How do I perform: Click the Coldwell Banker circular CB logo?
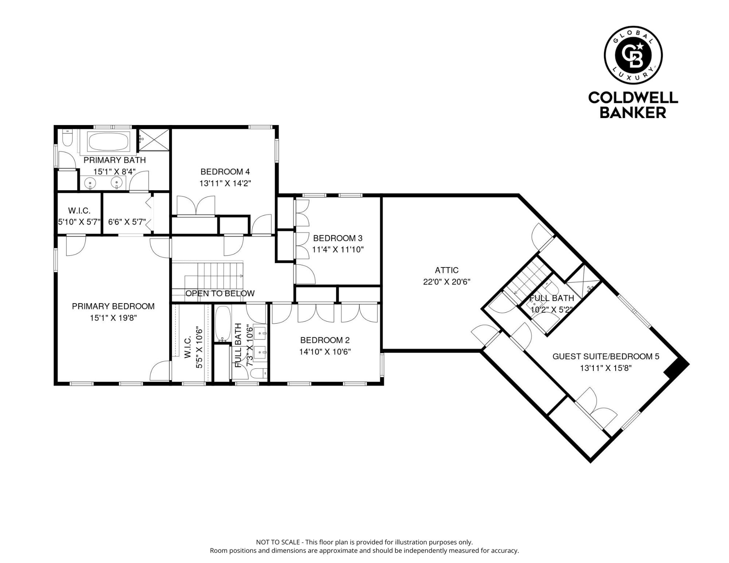pyautogui.click(x=633, y=55)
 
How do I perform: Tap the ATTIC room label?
pyautogui.click(x=447, y=271)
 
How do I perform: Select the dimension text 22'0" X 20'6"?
pyautogui.click(x=447, y=282)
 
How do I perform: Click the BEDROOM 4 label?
pyautogui.click(x=225, y=172)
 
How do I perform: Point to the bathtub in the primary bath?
pyautogui.click(x=109, y=141)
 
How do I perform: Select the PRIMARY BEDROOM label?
pyautogui.click(x=113, y=306)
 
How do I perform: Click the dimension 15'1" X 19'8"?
pyautogui.click(x=113, y=318)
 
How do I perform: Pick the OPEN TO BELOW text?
pyautogui.click(x=220, y=294)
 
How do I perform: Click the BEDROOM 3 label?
pyautogui.click(x=338, y=238)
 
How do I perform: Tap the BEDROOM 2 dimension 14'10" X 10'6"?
pyautogui.click(x=325, y=352)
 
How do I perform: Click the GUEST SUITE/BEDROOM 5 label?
pyautogui.click(x=606, y=356)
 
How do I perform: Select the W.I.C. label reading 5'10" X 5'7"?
pyautogui.click(x=79, y=216)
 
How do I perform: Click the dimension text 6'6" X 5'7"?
pyautogui.click(x=127, y=222)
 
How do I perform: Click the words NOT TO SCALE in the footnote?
pyautogui.click(x=278, y=542)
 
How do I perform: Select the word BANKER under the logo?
pyautogui.click(x=633, y=113)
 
